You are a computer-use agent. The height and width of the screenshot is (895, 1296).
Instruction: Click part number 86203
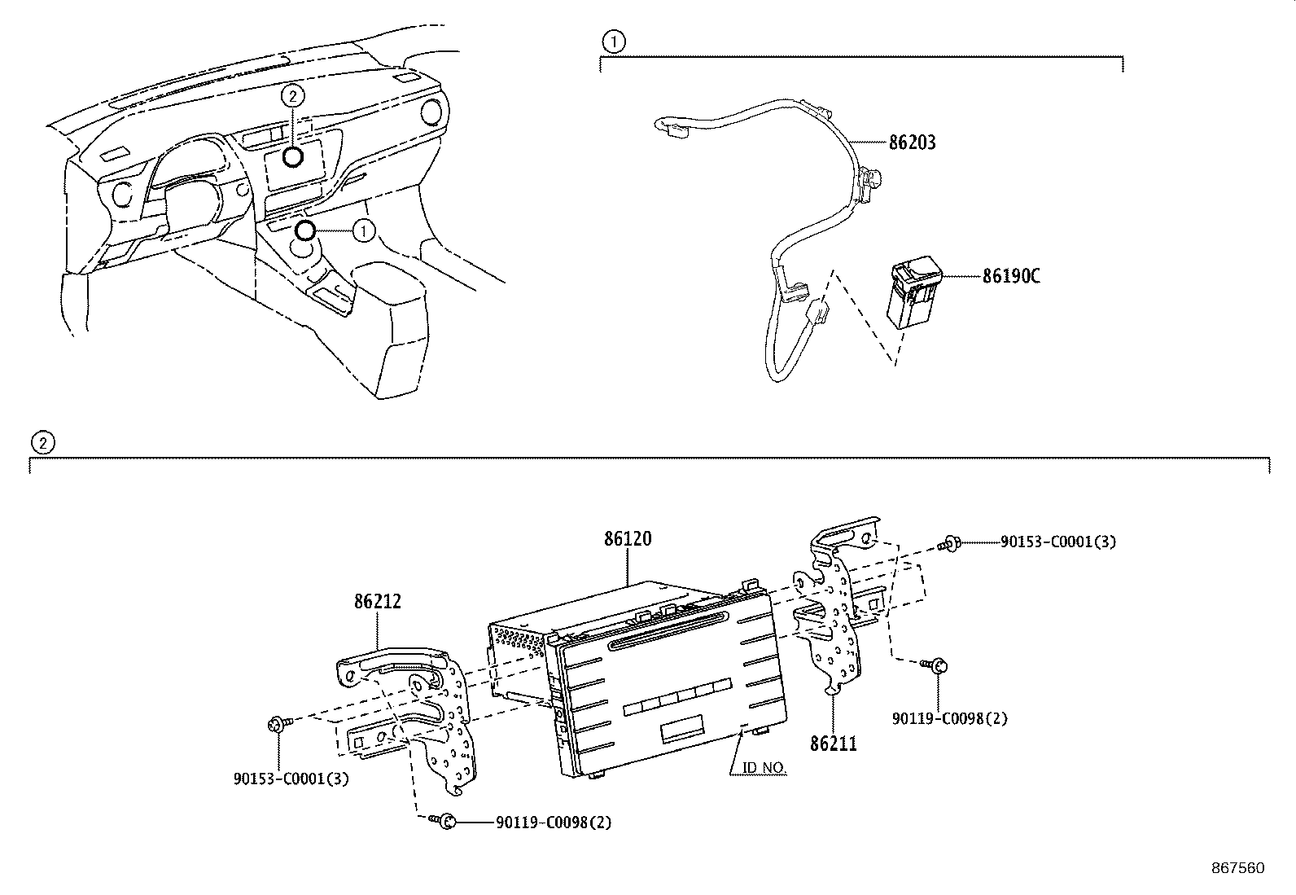click(912, 143)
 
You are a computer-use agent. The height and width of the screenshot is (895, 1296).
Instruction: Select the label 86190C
click(1011, 276)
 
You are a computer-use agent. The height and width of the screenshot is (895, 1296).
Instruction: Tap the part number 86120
click(628, 539)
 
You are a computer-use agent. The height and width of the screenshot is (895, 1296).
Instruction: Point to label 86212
click(378, 602)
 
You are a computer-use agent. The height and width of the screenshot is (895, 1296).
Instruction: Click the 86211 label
click(833, 743)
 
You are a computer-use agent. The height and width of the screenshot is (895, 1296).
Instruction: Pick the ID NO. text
click(764, 767)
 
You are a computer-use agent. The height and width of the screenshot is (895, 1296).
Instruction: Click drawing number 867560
click(1237, 868)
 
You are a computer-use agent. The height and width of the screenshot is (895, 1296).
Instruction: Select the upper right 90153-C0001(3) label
click(1057, 542)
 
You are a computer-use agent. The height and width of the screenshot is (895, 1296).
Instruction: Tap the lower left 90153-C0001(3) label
click(291, 779)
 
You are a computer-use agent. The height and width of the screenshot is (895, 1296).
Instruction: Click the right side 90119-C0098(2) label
click(949, 718)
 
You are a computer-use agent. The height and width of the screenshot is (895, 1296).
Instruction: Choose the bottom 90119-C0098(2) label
click(554, 823)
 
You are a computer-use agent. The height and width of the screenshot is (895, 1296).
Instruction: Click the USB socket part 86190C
click(913, 293)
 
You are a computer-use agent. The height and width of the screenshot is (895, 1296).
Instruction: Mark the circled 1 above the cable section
click(614, 41)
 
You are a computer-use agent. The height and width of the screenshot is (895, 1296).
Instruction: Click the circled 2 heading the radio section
click(42, 442)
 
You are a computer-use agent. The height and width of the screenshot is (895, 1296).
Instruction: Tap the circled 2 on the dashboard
click(292, 96)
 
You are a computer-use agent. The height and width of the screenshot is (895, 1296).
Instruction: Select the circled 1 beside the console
click(363, 231)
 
